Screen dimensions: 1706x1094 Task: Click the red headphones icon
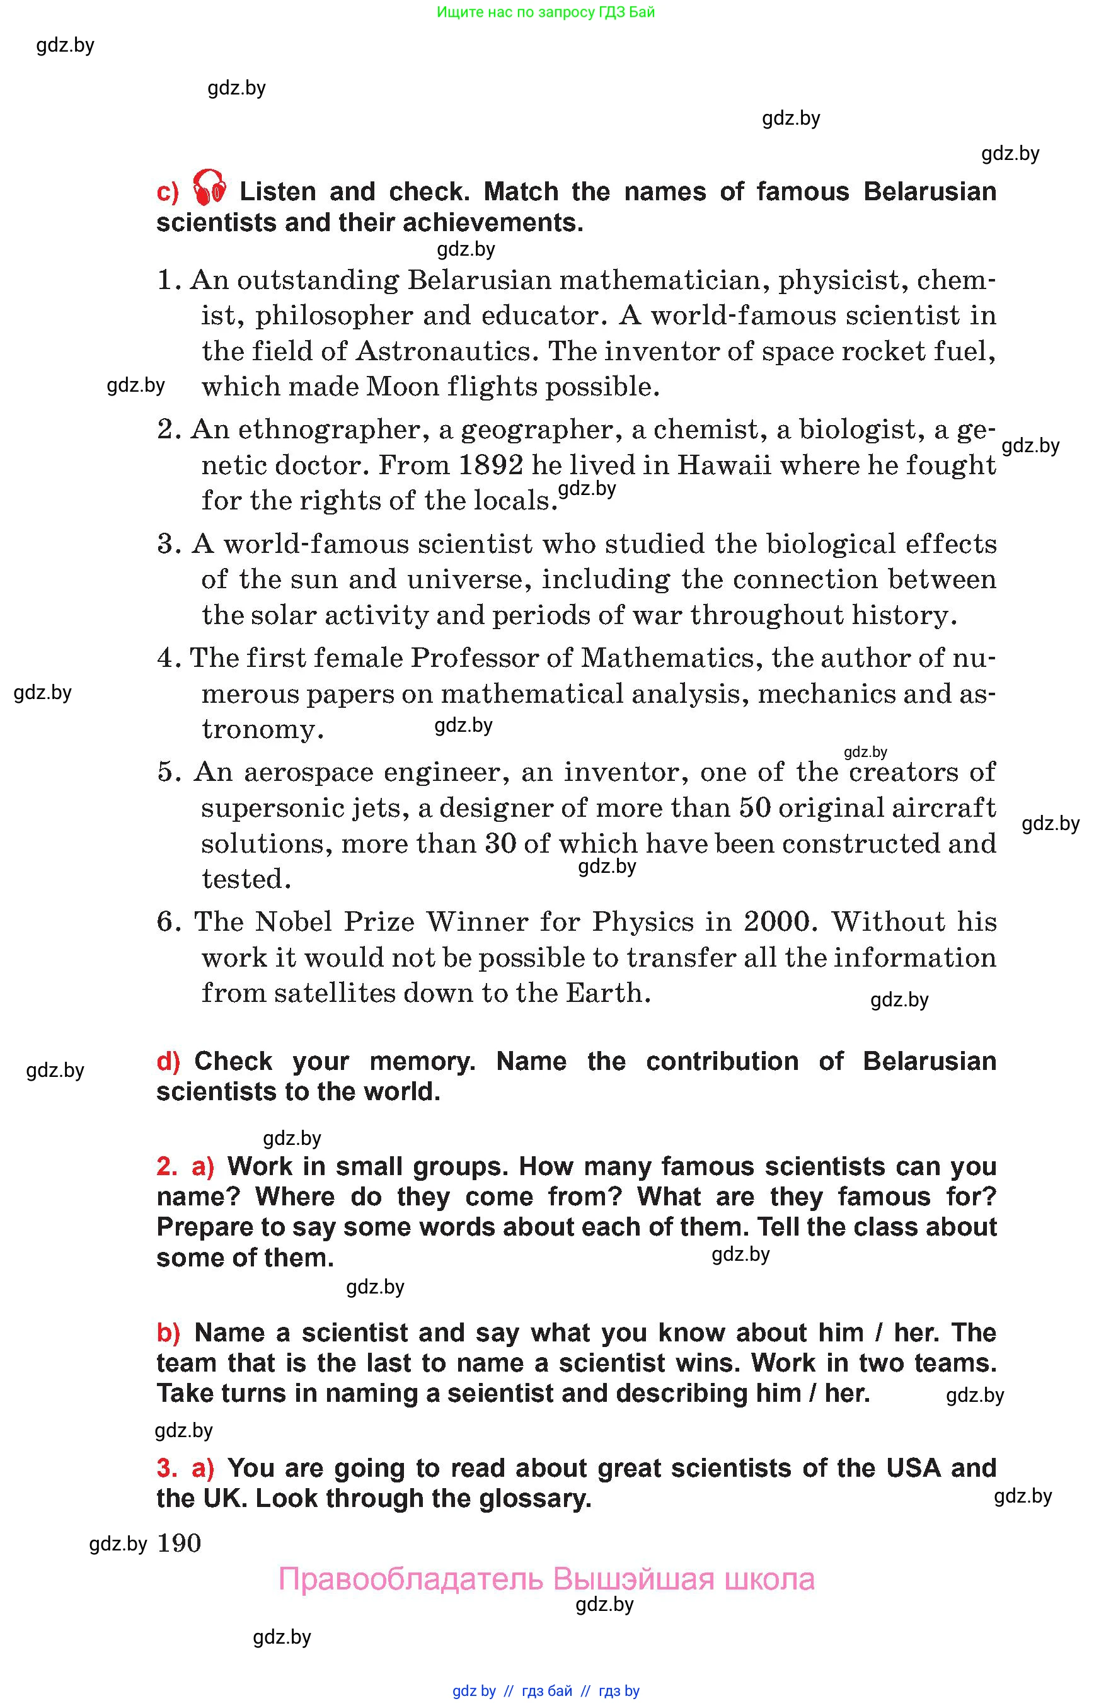pyautogui.click(x=210, y=188)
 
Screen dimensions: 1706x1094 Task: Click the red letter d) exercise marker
pyautogui.click(x=168, y=1061)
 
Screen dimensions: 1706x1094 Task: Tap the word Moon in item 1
pyautogui.click(x=393, y=387)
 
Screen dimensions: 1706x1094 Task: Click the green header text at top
pyautogui.click(x=546, y=11)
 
